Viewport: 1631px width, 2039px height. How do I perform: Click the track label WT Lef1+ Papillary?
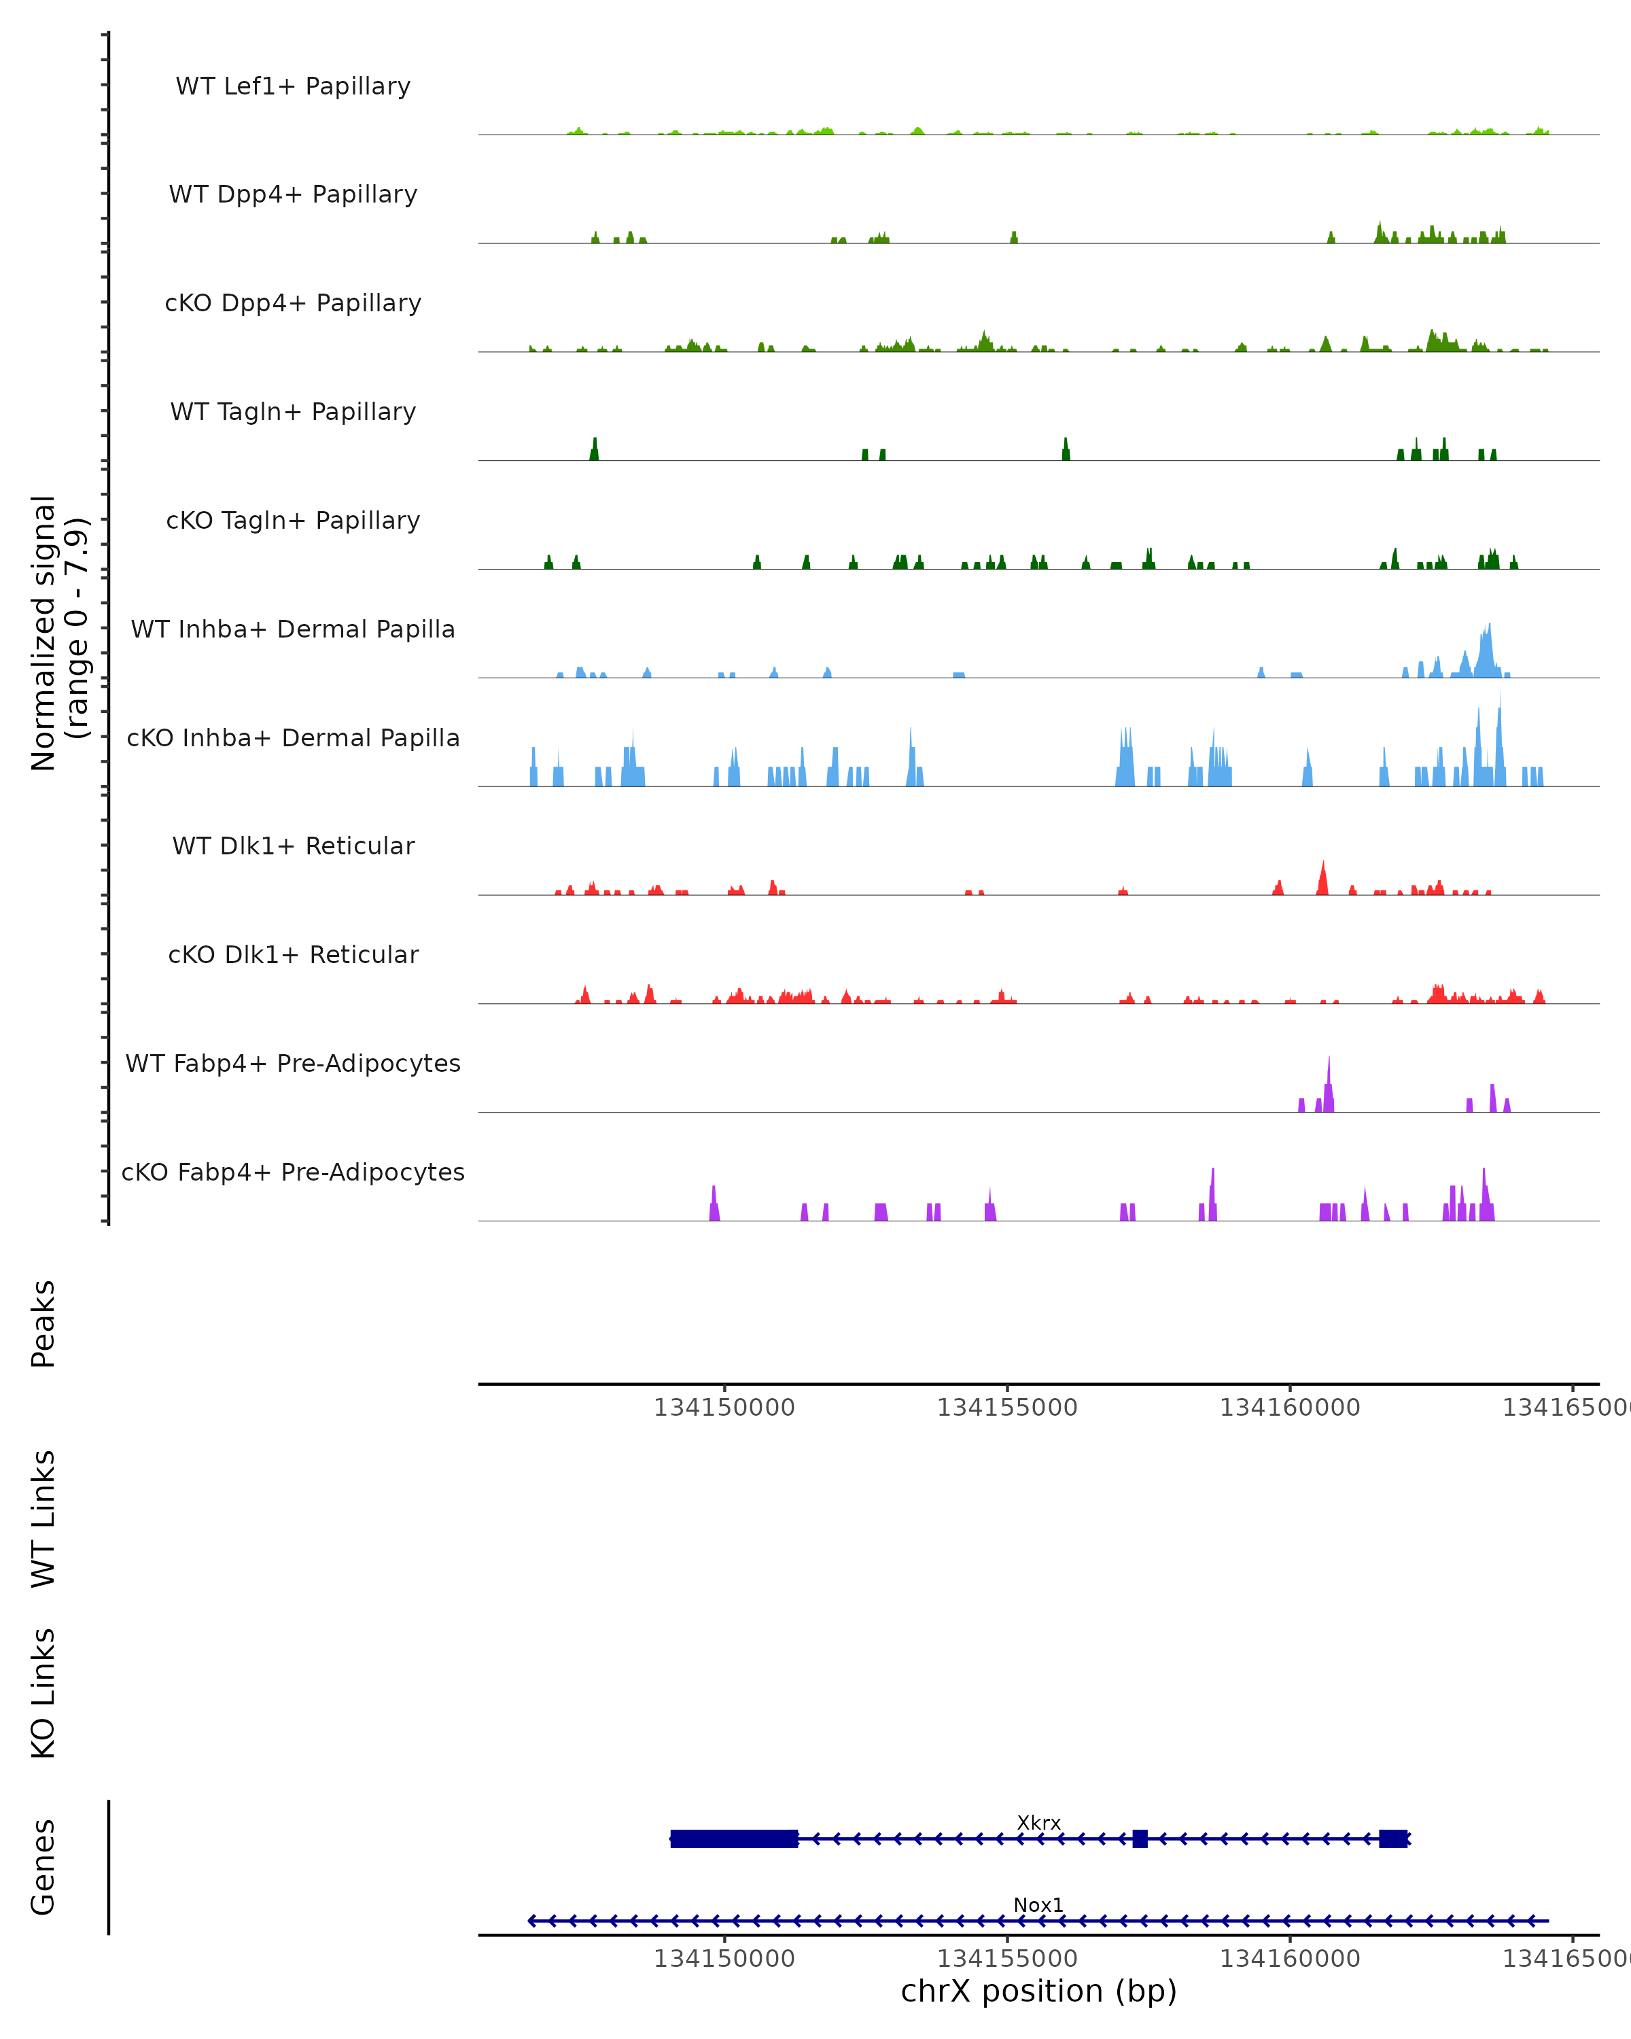(x=293, y=86)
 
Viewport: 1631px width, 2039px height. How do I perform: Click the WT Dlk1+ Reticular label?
(x=293, y=846)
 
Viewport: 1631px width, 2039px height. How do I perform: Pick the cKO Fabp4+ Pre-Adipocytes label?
(x=293, y=1172)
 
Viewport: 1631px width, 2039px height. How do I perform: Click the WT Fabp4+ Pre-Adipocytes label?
(x=293, y=1063)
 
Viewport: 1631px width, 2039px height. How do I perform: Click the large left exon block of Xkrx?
(x=734, y=1838)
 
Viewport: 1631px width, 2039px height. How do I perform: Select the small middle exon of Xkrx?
(x=1140, y=1838)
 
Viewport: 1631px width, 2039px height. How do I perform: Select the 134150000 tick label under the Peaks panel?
(x=724, y=1408)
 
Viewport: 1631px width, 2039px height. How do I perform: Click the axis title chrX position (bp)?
(x=1038, y=1991)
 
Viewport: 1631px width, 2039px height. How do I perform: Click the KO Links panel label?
(x=43, y=1693)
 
